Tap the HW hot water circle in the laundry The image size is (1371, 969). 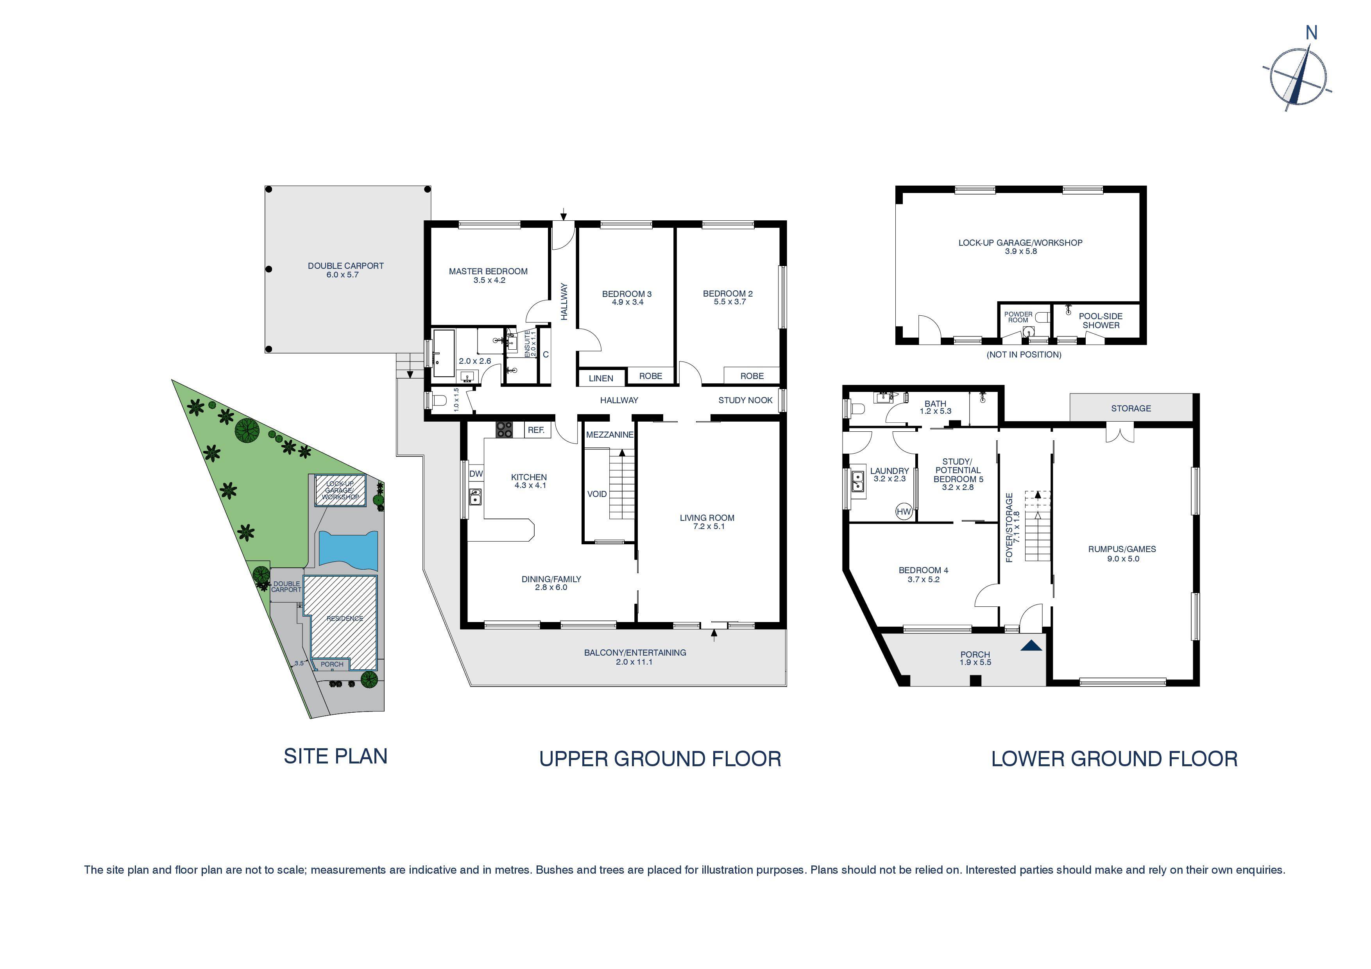[x=904, y=512]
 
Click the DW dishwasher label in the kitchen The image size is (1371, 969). [x=476, y=474]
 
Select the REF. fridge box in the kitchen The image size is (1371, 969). [x=536, y=430]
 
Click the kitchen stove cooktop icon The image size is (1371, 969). [x=505, y=430]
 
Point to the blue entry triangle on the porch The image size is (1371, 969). [x=1031, y=646]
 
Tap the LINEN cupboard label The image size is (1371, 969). [x=601, y=379]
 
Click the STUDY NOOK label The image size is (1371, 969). [x=745, y=400]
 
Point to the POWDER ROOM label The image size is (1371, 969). [x=1018, y=317]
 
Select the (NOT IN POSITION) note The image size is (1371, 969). [x=1024, y=355]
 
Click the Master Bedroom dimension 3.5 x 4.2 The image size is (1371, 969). [x=489, y=280]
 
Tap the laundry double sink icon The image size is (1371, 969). [x=857, y=481]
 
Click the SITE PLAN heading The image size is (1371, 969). [x=336, y=756]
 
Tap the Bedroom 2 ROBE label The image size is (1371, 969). [x=752, y=376]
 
